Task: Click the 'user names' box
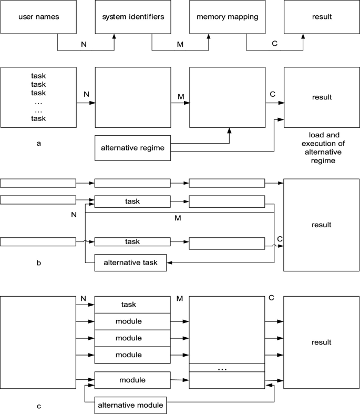click(38, 17)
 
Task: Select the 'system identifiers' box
click(132, 17)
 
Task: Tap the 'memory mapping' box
click(228, 17)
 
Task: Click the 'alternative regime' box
click(132, 147)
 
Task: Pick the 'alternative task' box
click(130, 262)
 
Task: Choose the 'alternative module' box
click(130, 405)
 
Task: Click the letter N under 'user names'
click(85, 45)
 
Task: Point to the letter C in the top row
click(274, 45)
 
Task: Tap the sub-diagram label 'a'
click(38, 143)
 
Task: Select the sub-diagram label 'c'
click(38, 406)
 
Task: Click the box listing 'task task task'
click(38, 97)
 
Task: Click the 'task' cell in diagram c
click(132, 305)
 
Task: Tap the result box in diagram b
click(321, 225)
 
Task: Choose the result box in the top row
click(321, 17)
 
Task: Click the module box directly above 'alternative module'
click(132, 379)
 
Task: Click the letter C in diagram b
click(280, 239)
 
